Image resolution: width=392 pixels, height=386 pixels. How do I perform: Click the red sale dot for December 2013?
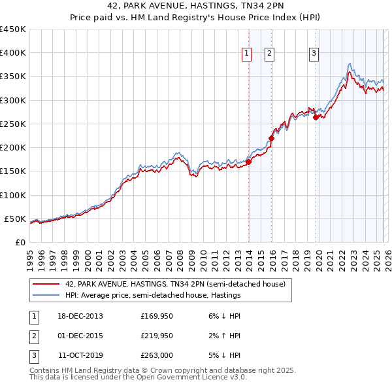[x=249, y=162]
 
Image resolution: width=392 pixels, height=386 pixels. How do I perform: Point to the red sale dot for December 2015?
[x=272, y=138]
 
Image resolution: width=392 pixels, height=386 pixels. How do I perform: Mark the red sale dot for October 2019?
[x=316, y=118]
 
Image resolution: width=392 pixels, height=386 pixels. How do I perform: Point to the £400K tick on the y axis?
[x=13, y=53]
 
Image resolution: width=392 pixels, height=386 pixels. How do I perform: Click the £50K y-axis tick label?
[x=16, y=219]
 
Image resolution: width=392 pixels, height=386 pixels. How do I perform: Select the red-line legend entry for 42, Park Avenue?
[x=175, y=285]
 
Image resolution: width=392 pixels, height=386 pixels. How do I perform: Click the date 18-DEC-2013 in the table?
[x=80, y=317]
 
